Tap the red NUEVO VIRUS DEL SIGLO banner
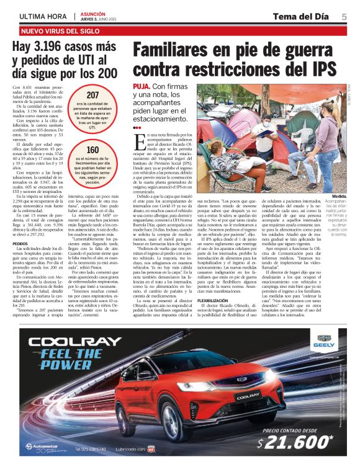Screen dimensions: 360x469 coord(60,30)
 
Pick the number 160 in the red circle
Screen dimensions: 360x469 coord(92,150)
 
